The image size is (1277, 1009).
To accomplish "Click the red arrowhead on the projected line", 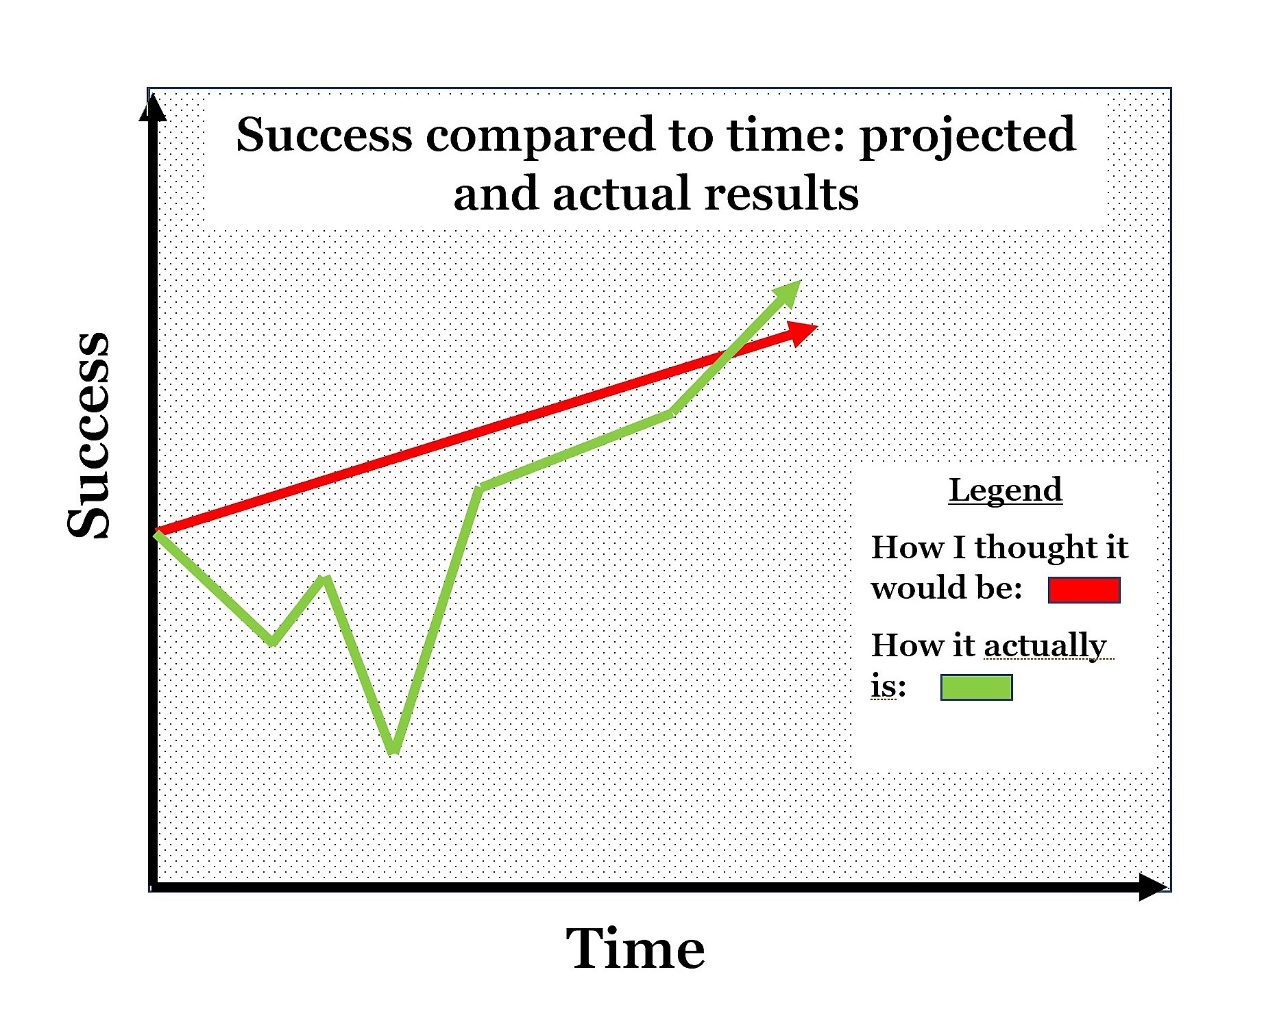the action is click(801, 334).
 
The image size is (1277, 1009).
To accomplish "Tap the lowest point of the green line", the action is click(393, 751).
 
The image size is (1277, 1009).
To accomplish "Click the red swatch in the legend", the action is click(1084, 590).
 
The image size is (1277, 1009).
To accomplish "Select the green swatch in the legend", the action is click(976, 687).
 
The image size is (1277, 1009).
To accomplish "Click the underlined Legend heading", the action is click(1006, 490).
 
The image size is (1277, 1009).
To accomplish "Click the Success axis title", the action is click(88, 435).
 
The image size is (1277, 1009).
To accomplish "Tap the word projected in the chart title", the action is click(967, 136).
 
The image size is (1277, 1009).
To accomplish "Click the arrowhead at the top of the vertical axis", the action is click(153, 108).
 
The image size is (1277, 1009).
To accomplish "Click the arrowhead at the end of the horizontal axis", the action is click(1153, 887).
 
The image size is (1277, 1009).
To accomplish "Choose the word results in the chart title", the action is click(781, 193).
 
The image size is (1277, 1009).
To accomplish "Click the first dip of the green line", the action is click(273, 642).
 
